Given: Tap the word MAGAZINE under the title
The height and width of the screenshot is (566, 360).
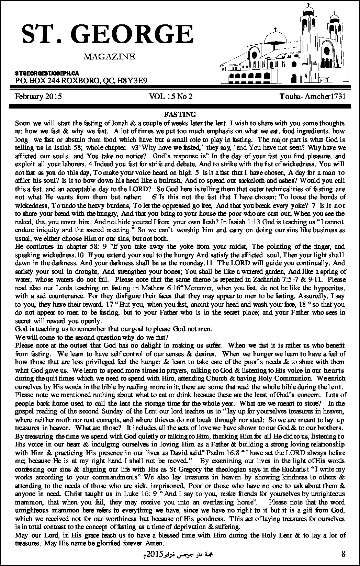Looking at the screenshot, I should (109, 56).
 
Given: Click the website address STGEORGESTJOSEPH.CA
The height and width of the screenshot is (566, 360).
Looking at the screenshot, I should (47, 74).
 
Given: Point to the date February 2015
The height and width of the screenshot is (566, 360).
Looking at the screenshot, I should (38, 97).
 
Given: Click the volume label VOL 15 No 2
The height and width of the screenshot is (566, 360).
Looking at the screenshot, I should (171, 97).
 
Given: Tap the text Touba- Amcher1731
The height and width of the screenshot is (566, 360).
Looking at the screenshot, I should (312, 97).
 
